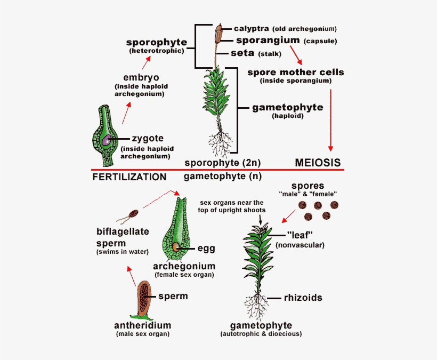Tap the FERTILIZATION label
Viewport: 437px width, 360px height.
(x=130, y=177)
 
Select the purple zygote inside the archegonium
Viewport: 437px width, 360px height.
(x=107, y=140)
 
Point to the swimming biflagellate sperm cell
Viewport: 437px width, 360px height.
(x=133, y=214)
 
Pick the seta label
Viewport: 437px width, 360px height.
(x=242, y=53)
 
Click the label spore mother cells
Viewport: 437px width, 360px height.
(x=296, y=72)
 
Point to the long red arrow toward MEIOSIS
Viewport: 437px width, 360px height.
(x=330, y=120)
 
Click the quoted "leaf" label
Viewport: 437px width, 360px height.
(x=299, y=235)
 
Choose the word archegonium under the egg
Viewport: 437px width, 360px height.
(x=184, y=266)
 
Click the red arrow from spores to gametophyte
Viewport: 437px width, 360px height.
(x=288, y=215)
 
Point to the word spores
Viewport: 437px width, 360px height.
(x=308, y=185)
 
